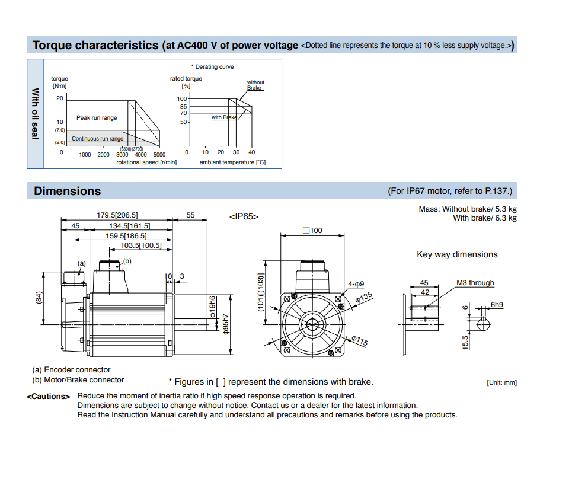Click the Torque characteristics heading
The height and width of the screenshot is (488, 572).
[x=95, y=46]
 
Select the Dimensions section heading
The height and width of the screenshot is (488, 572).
[x=67, y=191]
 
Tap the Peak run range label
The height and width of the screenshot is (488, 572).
[x=97, y=118]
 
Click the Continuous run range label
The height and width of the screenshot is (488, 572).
[x=98, y=139]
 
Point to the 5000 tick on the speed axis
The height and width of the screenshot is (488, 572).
[x=159, y=155]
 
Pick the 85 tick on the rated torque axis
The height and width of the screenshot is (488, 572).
[x=183, y=107]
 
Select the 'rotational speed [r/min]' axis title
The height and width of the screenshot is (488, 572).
[x=146, y=162]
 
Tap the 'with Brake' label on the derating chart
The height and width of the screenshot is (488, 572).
[x=224, y=117]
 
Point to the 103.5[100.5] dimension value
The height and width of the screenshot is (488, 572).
[x=140, y=245]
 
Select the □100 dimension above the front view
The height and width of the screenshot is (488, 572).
[x=312, y=230]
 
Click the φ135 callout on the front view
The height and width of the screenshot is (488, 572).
[x=364, y=297]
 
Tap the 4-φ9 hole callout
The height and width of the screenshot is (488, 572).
[x=356, y=284]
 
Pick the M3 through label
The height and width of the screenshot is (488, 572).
[x=475, y=283]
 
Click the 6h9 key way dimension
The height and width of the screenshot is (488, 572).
[x=497, y=305]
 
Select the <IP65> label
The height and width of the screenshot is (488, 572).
[x=244, y=217]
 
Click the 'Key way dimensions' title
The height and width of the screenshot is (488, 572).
[x=457, y=254]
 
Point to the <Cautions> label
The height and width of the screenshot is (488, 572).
[x=49, y=396]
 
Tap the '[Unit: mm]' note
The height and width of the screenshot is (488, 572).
[x=501, y=383]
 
